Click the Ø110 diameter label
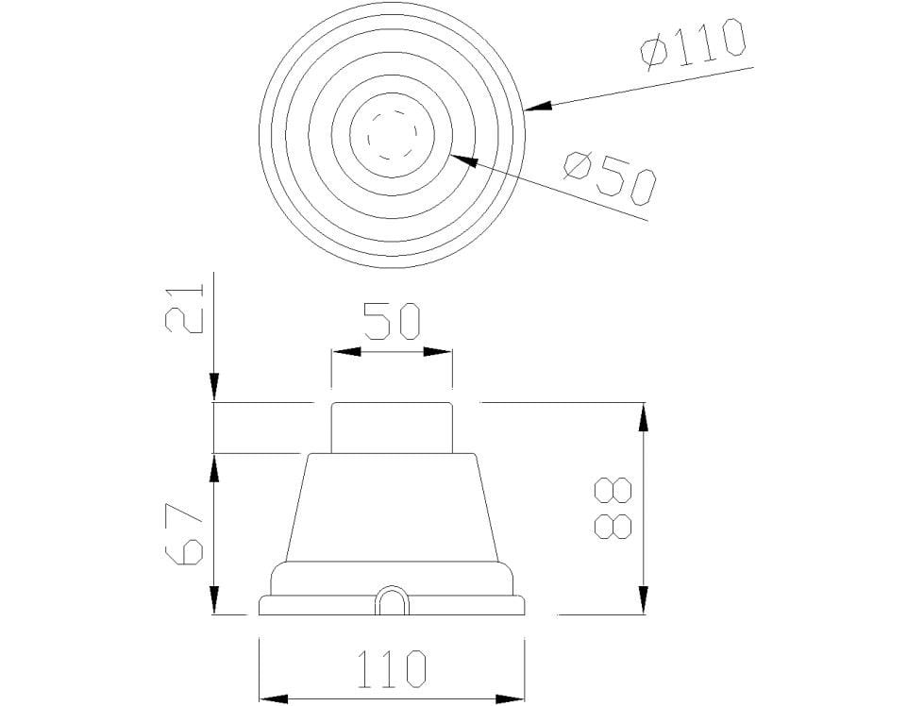(x=693, y=44)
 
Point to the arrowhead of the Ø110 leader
(x=536, y=109)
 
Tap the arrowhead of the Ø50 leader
(x=462, y=160)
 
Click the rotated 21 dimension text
(x=183, y=308)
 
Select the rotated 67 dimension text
(x=184, y=533)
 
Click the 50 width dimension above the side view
(x=391, y=321)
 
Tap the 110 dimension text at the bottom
(x=391, y=669)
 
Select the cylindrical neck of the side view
(x=391, y=428)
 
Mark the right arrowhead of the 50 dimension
(x=439, y=352)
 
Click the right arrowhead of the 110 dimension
(x=510, y=698)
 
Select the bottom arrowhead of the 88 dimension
(x=644, y=600)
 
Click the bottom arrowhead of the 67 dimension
(x=215, y=600)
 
